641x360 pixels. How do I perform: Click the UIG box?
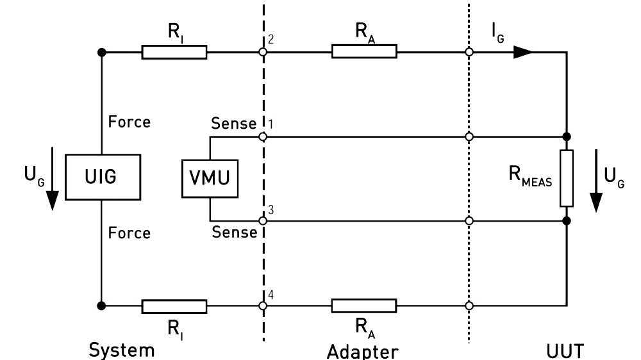[102, 177]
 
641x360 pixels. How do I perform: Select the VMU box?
[210, 177]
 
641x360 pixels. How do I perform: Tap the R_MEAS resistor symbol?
[566, 178]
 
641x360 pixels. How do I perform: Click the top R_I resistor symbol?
[174, 52]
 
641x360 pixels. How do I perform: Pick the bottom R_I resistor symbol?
[174, 306]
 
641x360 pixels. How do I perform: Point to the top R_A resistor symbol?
[364, 52]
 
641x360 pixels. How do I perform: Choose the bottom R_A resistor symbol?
[363, 306]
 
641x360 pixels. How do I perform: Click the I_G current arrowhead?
[523, 52]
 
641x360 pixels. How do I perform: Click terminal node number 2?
[263, 52]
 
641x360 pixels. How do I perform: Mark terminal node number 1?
[263, 136]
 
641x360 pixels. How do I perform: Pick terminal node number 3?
[263, 220]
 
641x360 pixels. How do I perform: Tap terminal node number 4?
[263, 306]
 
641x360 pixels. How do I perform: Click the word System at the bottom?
[122, 350]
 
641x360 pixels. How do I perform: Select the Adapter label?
[362, 351]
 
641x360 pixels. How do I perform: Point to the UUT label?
[565, 350]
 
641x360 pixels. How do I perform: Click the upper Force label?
[129, 122]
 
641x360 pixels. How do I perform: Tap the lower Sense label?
[234, 233]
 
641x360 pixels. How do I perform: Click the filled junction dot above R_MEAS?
[566, 136]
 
